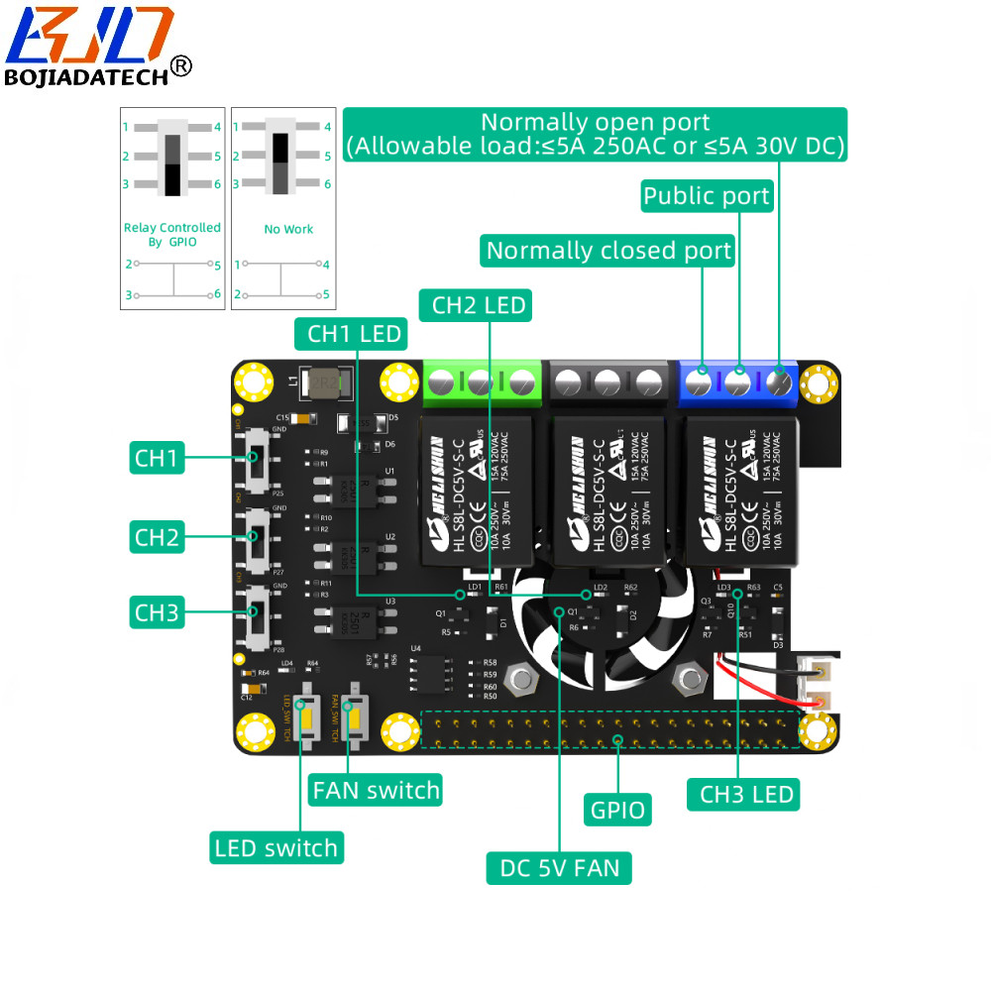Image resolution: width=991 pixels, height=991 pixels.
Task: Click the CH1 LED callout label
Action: click(354, 334)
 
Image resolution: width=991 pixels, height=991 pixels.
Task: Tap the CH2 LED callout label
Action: click(479, 305)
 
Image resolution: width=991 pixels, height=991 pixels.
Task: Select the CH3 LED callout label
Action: click(746, 794)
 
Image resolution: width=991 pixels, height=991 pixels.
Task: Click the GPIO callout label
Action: click(618, 810)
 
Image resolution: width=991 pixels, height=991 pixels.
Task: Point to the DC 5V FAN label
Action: click(559, 869)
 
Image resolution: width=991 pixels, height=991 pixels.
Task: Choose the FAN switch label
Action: click(376, 790)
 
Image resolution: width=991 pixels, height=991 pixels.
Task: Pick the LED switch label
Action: click(275, 848)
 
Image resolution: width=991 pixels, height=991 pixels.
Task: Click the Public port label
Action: click(707, 196)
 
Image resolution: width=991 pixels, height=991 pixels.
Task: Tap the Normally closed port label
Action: click(608, 251)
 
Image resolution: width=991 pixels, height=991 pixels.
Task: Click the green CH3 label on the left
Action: click(157, 612)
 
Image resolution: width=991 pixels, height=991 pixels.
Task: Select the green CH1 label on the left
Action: click(157, 458)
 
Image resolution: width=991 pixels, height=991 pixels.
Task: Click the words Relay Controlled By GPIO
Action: click(171, 235)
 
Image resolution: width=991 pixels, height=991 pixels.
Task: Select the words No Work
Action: click(288, 229)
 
